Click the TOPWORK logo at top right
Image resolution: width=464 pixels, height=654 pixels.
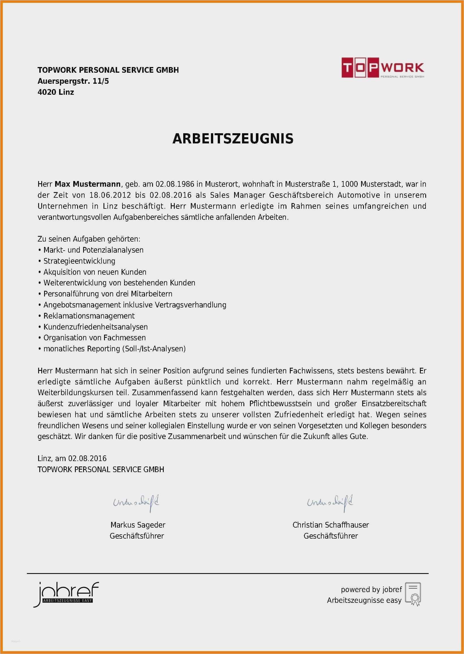pos(383,67)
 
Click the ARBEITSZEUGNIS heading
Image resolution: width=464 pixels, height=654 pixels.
pos(233,139)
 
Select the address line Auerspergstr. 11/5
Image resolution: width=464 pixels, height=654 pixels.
pos(73,81)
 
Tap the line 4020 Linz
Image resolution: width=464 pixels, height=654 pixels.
pos(56,92)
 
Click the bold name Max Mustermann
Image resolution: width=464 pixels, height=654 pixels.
pos(87,184)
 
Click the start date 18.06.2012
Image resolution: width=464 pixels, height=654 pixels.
pos(110,195)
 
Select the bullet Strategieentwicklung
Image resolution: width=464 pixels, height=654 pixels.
pos(79,261)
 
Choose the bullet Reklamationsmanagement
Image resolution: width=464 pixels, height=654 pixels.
pos(89,316)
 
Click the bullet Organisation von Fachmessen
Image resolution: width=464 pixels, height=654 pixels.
pos(94,338)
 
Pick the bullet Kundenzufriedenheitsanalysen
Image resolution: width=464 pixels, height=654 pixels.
pos(95,327)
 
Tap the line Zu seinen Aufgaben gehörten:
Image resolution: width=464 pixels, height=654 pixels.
pos(89,239)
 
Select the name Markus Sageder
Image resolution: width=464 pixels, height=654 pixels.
pos(138,525)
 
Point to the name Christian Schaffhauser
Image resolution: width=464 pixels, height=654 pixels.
pos(331,525)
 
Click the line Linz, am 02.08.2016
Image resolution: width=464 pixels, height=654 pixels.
pos(72,459)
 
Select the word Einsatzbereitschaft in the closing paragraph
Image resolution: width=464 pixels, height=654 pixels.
pos(394,404)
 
